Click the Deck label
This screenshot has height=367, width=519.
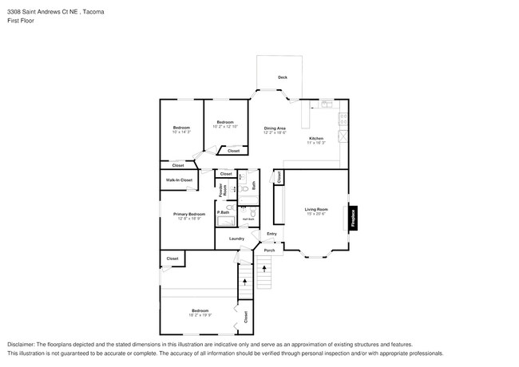pos(282,77)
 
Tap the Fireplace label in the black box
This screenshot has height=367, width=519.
pos(352,218)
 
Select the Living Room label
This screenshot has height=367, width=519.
pos(316,209)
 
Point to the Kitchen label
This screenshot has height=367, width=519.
pos(316,138)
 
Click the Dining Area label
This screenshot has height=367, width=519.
pos(275,128)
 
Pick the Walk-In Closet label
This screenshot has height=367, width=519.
pos(179,180)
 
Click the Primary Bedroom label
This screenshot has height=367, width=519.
pos(189,214)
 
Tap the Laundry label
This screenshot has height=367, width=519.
pos(236,239)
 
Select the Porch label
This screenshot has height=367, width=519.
pos(269,251)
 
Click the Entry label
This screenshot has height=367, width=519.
pos(271,234)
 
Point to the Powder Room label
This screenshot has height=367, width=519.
pos(223,190)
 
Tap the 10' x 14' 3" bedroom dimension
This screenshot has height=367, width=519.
pos(181,132)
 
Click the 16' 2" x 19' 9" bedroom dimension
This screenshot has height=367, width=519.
pos(200,314)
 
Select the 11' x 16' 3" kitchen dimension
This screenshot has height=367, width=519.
pos(316,144)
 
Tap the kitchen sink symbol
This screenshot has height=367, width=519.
pos(326,103)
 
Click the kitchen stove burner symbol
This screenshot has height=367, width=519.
pos(343,120)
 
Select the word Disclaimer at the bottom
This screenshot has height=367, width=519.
pos(22,342)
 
